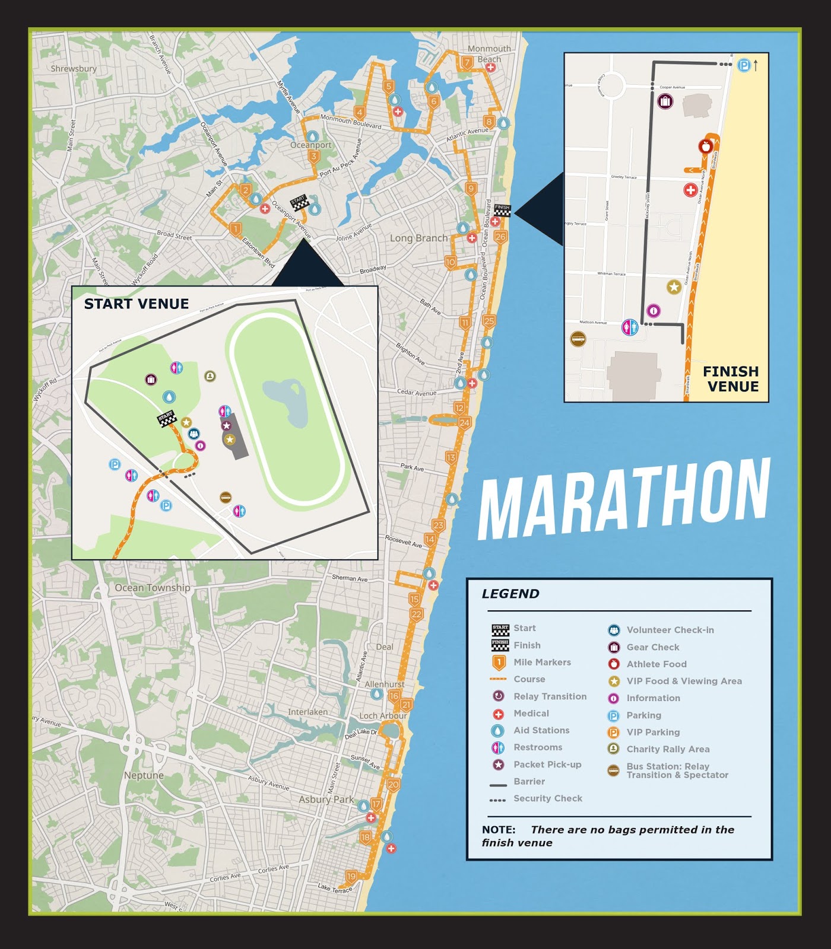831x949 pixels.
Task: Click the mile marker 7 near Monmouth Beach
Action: coord(467,62)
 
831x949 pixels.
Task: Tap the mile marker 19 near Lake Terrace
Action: coord(351,877)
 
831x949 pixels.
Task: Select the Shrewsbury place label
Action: coord(74,69)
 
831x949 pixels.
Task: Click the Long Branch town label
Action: coord(418,238)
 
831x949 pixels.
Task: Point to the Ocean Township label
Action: coord(153,588)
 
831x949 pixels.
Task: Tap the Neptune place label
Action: coord(144,775)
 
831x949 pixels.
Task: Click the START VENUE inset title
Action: coord(137,304)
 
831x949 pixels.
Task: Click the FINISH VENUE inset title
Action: coord(731,378)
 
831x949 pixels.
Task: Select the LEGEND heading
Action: coord(510,594)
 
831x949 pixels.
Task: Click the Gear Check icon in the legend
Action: coord(614,647)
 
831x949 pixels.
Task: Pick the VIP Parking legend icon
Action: coord(614,733)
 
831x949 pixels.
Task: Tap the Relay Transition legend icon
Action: coord(499,696)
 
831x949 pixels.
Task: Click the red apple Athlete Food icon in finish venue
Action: coord(705,146)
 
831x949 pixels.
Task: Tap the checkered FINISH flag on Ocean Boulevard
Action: coord(502,211)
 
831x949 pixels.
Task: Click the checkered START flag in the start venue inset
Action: coord(167,418)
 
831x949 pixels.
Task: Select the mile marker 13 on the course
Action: coord(451,458)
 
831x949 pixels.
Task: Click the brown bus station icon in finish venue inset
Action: coord(578,339)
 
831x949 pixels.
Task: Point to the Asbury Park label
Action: coord(326,800)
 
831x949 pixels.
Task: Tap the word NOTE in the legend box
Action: coord(498,830)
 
